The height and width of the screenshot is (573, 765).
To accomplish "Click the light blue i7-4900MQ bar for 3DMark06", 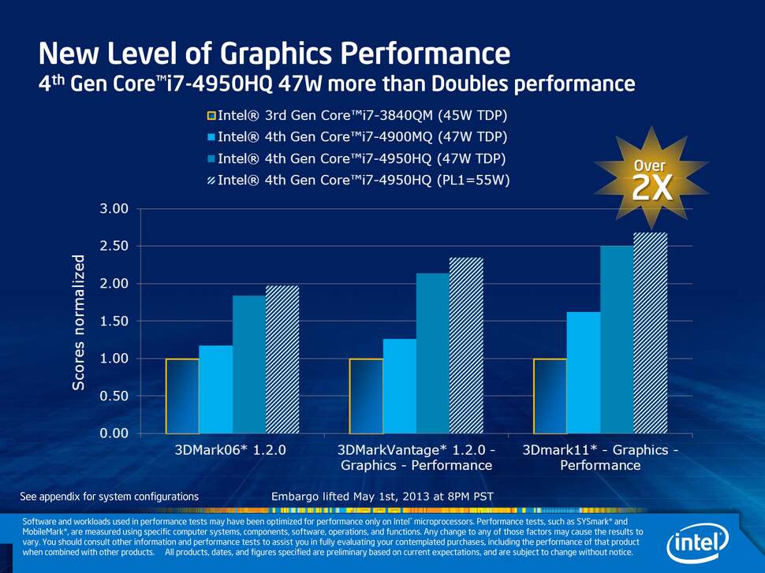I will click(215, 389).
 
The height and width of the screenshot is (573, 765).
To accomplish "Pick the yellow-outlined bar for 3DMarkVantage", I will click(366, 396).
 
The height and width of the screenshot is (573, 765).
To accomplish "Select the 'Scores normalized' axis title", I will click(79, 322).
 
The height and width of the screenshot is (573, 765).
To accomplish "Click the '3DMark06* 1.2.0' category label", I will click(229, 450).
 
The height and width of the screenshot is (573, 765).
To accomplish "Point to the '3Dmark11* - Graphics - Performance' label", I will click(600, 458).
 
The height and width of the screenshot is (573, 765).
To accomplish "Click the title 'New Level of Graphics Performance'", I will click(274, 54).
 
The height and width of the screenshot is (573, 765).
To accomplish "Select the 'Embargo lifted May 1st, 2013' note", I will click(382, 497).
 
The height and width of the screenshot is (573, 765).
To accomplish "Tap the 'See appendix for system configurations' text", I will click(109, 497).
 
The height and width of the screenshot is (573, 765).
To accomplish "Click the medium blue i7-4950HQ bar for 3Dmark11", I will click(617, 340).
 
